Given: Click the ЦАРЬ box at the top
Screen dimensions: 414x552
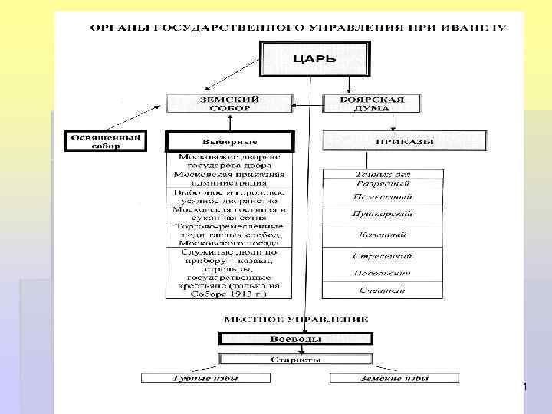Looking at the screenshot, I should pos(315,58).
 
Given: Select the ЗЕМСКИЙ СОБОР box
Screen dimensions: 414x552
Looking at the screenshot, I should pos(230,103).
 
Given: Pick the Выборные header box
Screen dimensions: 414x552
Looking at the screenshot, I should pos(229,142).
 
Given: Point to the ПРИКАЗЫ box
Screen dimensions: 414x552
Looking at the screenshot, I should pos(405,141).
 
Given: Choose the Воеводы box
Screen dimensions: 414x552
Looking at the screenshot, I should pos(296,339).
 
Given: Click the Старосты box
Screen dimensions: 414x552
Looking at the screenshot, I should pos(296,359).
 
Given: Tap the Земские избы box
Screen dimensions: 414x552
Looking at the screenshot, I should pos(394,378).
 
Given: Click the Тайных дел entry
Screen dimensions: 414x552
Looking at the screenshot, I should pos(383,174).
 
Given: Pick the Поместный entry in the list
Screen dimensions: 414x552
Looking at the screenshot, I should pos(383,197).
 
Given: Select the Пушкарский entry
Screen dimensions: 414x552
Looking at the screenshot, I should pos(383,215).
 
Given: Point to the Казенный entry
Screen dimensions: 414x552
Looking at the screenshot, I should pos(383,235).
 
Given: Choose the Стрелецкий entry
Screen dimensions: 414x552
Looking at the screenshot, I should pos(383,255).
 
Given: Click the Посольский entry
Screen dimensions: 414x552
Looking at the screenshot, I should pos(383,273).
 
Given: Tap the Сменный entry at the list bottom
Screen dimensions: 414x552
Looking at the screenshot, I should pos(383,291).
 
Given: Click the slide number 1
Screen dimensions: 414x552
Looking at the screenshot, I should pos(524,388).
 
